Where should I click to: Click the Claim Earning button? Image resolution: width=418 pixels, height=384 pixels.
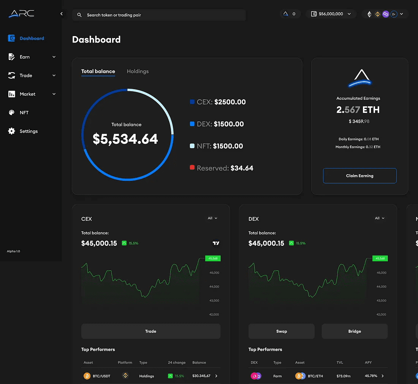click(x=359, y=176)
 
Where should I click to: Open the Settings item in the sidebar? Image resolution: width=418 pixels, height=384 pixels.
click(x=28, y=131)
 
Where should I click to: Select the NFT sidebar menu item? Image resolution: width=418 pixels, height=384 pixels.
click(x=24, y=113)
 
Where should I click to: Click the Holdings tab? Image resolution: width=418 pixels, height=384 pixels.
click(x=138, y=71)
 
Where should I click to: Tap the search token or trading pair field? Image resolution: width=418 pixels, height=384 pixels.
click(x=160, y=15)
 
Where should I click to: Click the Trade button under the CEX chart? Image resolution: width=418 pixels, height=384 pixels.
click(x=150, y=331)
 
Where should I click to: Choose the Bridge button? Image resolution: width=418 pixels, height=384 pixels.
click(x=355, y=331)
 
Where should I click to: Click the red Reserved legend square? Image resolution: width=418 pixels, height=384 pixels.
click(x=192, y=168)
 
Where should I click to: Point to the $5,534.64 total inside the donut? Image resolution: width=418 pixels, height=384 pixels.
click(x=125, y=139)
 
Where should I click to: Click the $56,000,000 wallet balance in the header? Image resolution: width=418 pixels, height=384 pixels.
click(x=331, y=14)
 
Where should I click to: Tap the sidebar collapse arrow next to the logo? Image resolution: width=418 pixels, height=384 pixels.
click(x=62, y=14)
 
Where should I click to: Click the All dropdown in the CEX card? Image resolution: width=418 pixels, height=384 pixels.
click(x=212, y=218)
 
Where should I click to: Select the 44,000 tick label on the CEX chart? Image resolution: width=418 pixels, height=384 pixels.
click(x=214, y=287)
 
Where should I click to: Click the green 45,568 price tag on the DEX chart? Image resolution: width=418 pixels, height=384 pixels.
click(x=380, y=258)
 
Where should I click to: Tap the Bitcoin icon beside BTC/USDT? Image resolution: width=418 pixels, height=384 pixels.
click(x=87, y=376)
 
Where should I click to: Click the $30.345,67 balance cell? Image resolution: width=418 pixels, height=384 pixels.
click(x=201, y=376)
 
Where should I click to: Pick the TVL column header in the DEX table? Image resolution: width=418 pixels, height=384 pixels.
click(x=340, y=363)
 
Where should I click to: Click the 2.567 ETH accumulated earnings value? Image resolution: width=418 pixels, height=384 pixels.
click(x=358, y=110)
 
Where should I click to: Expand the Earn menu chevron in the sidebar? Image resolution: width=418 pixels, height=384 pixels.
click(x=54, y=57)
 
